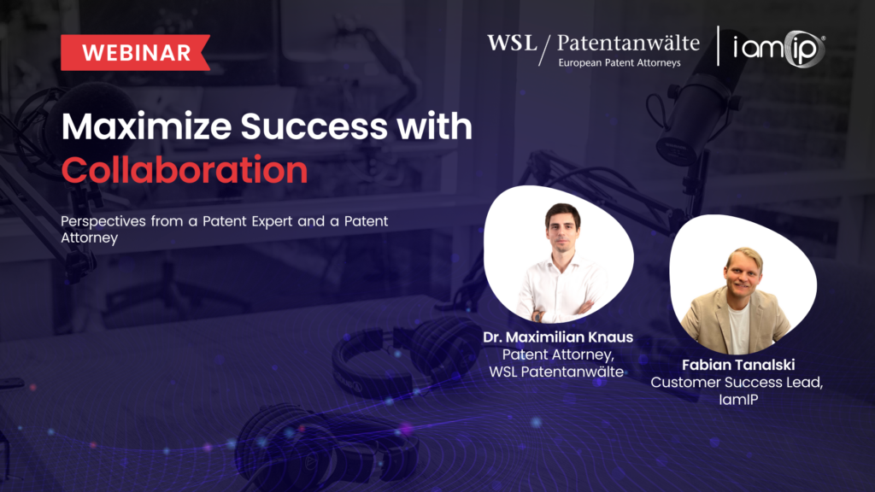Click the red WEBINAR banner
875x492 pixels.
click(x=135, y=52)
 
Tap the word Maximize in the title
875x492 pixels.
click(x=146, y=126)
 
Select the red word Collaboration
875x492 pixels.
click(x=185, y=170)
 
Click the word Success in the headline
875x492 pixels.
click(x=314, y=126)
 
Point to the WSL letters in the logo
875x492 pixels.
click(x=512, y=43)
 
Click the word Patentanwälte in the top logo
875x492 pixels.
click(x=628, y=43)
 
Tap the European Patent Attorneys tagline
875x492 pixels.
click(x=620, y=63)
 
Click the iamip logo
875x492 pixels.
click(x=779, y=49)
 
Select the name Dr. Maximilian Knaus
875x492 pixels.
click(x=558, y=337)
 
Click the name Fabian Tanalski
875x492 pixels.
click(x=738, y=365)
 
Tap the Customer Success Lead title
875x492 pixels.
click(x=737, y=383)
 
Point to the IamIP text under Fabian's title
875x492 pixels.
click(x=738, y=400)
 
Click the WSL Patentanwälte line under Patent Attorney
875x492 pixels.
click(x=556, y=372)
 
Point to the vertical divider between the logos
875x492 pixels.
click(x=718, y=46)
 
